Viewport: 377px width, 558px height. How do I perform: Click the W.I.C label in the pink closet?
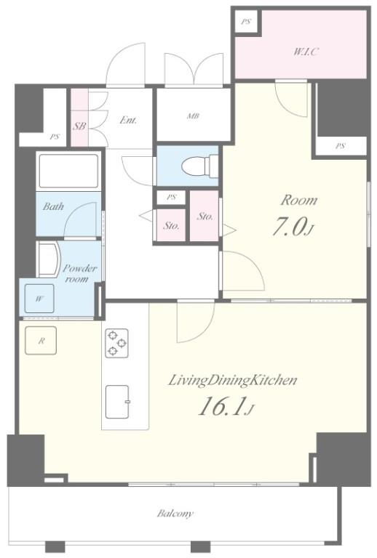tap(306, 52)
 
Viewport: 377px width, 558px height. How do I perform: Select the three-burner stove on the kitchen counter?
tap(116, 343)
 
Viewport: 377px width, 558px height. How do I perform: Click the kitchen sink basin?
tap(117, 402)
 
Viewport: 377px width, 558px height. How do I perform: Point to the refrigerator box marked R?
tap(41, 341)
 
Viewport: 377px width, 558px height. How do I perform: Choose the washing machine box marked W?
tap(39, 299)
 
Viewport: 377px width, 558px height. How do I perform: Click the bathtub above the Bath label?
tap(68, 171)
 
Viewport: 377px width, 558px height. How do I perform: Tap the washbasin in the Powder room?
tap(49, 259)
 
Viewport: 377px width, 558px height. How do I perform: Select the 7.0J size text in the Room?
tap(293, 227)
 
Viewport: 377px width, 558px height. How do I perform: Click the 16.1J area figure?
tap(226, 406)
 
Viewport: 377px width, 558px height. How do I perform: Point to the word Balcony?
tap(175, 514)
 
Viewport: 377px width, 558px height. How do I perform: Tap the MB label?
tap(194, 116)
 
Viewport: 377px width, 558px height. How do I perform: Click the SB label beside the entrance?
tap(79, 126)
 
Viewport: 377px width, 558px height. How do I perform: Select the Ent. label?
tap(128, 120)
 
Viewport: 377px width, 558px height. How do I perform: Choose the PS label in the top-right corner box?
tap(246, 22)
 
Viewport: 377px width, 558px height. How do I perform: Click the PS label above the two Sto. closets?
tap(172, 197)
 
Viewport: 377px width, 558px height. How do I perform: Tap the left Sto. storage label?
tap(171, 225)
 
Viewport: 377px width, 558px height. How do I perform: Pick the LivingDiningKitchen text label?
tap(232, 381)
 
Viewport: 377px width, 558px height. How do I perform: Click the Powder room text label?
tap(79, 273)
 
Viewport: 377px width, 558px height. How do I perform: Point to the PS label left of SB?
tap(55, 137)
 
